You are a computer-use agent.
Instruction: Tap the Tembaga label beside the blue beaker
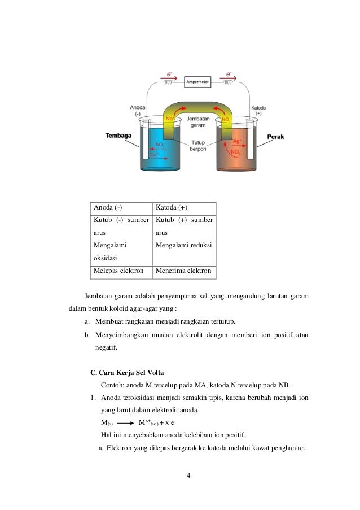[118, 136]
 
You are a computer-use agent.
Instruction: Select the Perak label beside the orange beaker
[275, 136]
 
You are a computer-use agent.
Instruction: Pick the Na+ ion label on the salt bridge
[170, 119]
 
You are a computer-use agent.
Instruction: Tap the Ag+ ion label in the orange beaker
[237, 141]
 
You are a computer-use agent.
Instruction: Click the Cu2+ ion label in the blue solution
[155, 154]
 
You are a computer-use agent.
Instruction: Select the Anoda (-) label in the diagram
[138, 110]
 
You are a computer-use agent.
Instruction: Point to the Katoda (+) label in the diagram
[258, 110]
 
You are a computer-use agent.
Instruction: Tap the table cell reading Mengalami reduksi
[183, 246]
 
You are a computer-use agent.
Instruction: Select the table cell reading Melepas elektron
[118, 271]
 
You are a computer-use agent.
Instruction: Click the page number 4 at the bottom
[189, 474]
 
